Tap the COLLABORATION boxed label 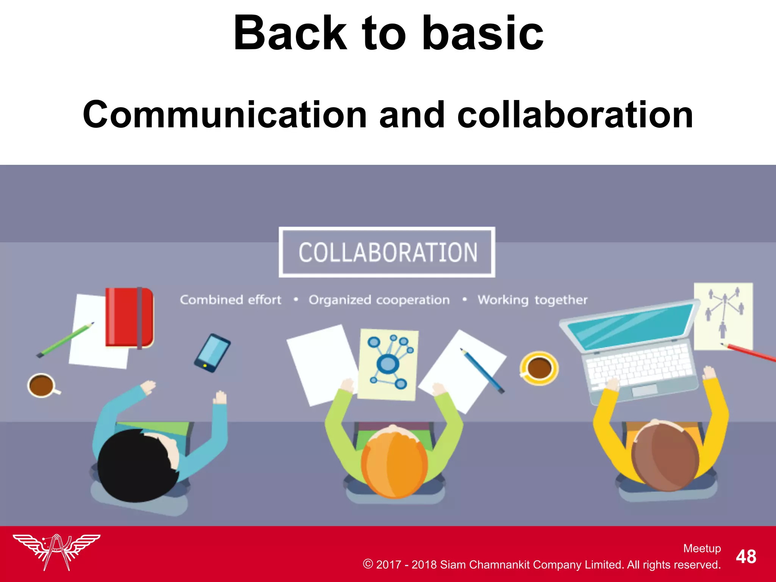click(387, 252)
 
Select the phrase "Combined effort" click(230, 300)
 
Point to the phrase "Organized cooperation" click(379, 300)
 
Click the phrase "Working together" click(532, 300)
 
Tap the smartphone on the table click(212, 353)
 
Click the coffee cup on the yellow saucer click(539, 368)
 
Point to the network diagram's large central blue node click(388, 364)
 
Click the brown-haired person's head click(665, 457)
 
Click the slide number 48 click(746, 557)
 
